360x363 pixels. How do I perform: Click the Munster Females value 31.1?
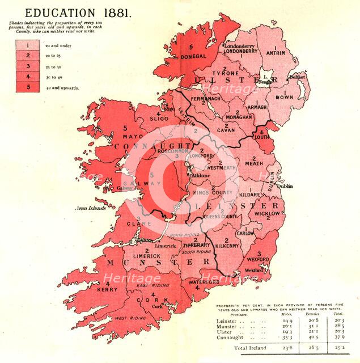311,327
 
